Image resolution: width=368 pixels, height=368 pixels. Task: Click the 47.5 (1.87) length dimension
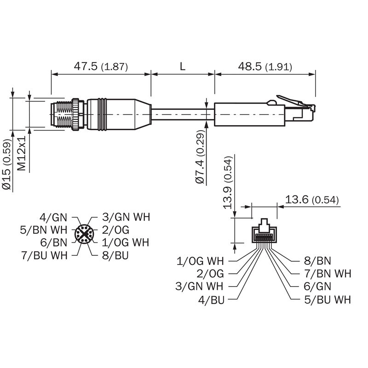[x=101, y=66]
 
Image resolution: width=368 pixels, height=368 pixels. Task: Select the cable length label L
[x=183, y=66]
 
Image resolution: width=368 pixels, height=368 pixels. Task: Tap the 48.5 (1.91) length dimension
[x=265, y=67]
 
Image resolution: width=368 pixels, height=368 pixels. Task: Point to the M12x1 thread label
[x=21, y=153]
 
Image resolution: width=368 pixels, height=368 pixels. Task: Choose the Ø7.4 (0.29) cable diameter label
[x=200, y=157]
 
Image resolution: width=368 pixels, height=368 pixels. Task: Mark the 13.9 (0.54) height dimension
[x=227, y=183]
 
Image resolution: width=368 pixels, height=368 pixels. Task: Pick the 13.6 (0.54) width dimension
[x=312, y=200]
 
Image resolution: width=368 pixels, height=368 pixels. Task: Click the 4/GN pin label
[x=53, y=218]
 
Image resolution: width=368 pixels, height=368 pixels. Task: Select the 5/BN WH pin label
[x=44, y=230]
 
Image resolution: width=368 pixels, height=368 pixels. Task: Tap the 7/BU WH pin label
[x=44, y=255]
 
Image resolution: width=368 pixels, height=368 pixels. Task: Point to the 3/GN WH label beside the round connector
[x=126, y=217]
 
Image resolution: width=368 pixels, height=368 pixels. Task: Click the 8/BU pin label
[x=115, y=255]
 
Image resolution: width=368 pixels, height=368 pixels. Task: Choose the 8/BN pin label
[x=317, y=261]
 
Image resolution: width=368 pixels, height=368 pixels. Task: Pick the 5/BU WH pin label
[x=328, y=300]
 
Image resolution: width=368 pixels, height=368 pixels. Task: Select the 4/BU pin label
[x=212, y=300]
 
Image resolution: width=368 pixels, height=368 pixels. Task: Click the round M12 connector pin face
[x=84, y=234]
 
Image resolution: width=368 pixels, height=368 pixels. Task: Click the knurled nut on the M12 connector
[x=75, y=115]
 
